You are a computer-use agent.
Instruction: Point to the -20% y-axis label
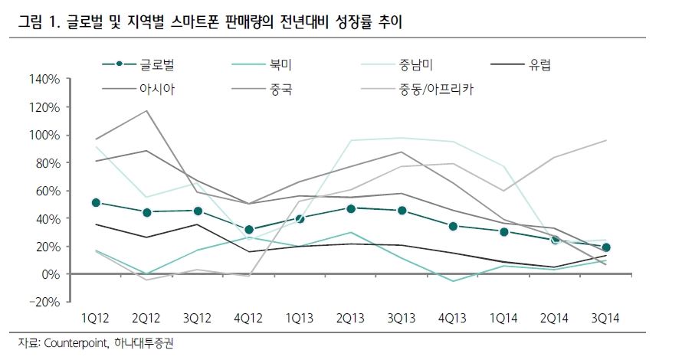(x=43, y=302)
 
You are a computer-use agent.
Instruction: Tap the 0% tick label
(x=50, y=274)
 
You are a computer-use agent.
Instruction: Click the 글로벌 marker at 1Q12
(x=96, y=203)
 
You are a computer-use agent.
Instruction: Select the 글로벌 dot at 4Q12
(x=248, y=230)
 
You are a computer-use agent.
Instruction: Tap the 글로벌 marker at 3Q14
(x=606, y=247)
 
